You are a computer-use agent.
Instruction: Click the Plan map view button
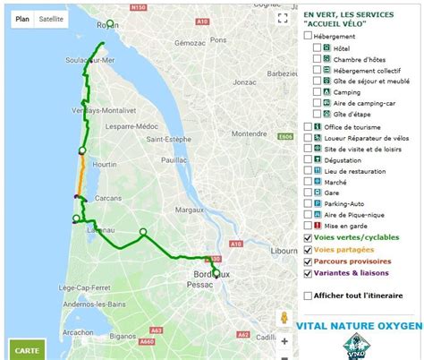pyautogui.click(x=22, y=18)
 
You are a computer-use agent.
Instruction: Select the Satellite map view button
pyautogui.click(x=51, y=18)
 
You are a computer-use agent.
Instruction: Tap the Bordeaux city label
pyautogui.click(x=212, y=273)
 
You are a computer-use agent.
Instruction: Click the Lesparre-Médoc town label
pyautogui.click(x=131, y=127)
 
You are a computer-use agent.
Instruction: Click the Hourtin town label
pyautogui.click(x=104, y=165)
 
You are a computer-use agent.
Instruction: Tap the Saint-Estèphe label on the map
pyautogui.click(x=168, y=140)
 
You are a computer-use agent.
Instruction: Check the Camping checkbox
pyautogui.click(x=317, y=91)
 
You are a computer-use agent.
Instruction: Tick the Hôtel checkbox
pyautogui.click(x=317, y=47)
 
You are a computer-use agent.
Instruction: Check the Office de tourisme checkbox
pyautogui.click(x=309, y=127)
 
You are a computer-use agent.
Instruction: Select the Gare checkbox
pyautogui.click(x=309, y=193)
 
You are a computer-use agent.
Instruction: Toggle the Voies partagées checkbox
pyautogui.click(x=309, y=249)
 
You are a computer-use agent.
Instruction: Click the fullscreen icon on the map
pyautogui.click(x=282, y=17)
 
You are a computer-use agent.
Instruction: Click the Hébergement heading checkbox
pyautogui.click(x=309, y=36)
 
